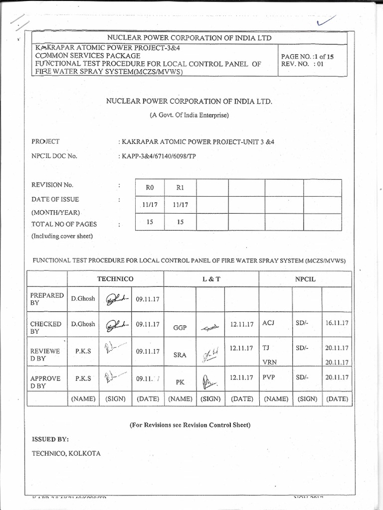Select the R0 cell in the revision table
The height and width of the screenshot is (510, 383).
(150, 188)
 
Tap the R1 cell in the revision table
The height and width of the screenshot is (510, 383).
(181, 188)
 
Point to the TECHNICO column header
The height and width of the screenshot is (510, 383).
(115, 279)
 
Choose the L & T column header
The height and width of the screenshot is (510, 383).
(211, 279)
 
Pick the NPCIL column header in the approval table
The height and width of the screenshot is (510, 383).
(305, 279)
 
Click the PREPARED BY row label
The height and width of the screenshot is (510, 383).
(47, 299)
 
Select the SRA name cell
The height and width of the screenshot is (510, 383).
(180, 355)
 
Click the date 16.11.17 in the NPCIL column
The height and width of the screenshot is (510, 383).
(337, 323)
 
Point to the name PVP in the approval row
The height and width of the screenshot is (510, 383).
(269, 378)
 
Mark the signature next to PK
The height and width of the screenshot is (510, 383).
(209, 382)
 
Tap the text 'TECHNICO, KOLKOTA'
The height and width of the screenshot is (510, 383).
(66, 453)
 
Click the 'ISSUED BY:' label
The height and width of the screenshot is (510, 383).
(50, 439)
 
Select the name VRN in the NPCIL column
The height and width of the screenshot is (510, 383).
(269, 363)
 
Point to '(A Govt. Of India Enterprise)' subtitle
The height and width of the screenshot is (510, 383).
(189, 116)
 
